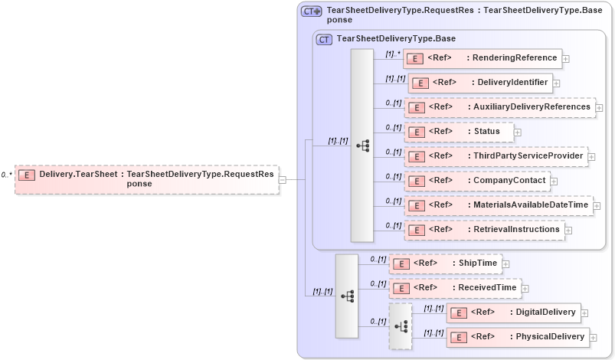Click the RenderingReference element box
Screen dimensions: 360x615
[482, 58]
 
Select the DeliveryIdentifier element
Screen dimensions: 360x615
[479, 83]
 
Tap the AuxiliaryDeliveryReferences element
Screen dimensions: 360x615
[499, 107]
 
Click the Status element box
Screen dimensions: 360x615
[458, 132]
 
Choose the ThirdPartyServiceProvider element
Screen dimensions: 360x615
[496, 156]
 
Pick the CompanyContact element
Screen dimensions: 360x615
[476, 181]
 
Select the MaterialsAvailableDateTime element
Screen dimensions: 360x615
[498, 205]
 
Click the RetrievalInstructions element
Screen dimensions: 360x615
[483, 230]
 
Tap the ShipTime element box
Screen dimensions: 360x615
[445, 263]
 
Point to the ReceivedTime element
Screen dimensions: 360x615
[455, 288]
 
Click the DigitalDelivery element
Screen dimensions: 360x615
[512, 313]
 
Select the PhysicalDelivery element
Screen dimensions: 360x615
[517, 336]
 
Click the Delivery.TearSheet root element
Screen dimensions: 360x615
[146, 178]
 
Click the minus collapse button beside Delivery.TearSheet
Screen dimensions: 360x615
[283, 179]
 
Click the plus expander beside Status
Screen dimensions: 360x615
[518, 133]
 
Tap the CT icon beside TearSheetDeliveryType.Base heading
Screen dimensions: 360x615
[324, 38]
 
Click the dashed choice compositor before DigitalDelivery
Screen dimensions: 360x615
[401, 326]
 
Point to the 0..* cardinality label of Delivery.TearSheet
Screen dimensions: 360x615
[6, 175]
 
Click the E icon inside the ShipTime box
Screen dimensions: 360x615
[400, 264]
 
